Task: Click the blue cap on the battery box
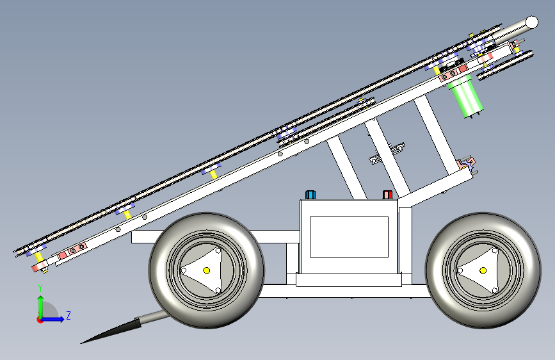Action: [310, 195]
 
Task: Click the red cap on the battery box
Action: [387, 195]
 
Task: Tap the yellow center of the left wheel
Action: [207, 271]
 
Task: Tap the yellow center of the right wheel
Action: [483, 271]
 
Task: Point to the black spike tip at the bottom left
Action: [81, 343]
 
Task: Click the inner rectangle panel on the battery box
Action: [349, 237]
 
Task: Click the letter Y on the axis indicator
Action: [40, 288]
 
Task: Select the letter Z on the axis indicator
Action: [68, 315]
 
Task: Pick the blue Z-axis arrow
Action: [52, 319]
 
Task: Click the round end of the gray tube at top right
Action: [532, 22]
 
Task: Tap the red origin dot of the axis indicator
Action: [40, 320]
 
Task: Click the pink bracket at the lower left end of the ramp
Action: [40, 266]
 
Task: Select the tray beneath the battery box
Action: [349, 279]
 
